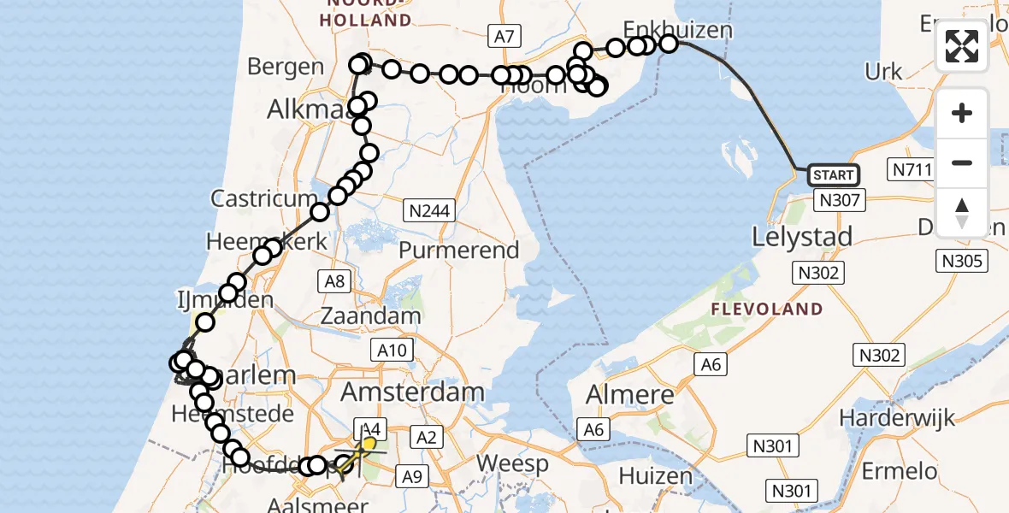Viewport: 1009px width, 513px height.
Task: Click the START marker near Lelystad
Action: tap(833, 175)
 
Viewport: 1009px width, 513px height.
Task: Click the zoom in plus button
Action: tap(962, 113)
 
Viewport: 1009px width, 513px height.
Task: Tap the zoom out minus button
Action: tap(962, 162)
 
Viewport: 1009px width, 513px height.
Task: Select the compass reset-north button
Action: tap(962, 212)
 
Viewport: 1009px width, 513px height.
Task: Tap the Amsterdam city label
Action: tap(413, 393)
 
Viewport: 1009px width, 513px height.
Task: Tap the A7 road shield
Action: tap(504, 36)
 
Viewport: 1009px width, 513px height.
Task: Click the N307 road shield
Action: tap(841, 200)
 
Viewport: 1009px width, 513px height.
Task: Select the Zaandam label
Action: tap(370, 315)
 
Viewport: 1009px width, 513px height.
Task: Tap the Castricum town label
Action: tap(264, 199)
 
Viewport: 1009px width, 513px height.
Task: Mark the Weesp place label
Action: tap(511, 463)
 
